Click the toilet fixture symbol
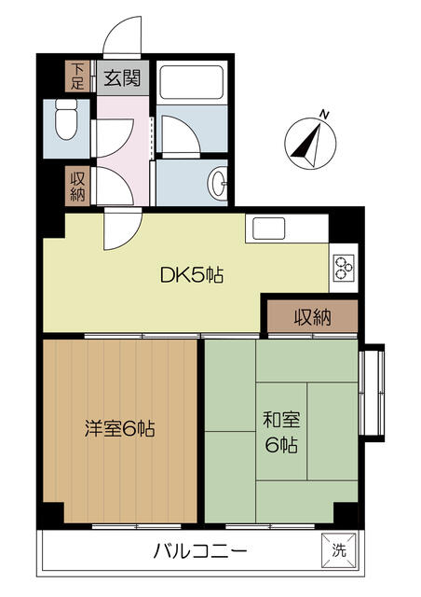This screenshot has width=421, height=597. [x=66, y=118]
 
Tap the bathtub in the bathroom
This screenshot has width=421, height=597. [x=191, y=83]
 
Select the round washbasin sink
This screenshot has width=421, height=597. [x=218, y=183]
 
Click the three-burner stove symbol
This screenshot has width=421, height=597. [x=344, y=268]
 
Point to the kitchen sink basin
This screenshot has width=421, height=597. [x=269, y=228]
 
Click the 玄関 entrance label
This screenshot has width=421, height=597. [x=122, y=77]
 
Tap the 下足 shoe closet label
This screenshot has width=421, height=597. [x=77, y=76]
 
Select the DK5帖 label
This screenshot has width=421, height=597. [x=192, y=275]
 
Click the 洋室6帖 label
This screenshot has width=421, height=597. [x=120, y=429]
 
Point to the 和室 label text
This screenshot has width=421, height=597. [x=282, y=420]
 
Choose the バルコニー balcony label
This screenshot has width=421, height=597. [x=200, y=550]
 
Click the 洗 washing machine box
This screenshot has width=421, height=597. [x=339, y=550]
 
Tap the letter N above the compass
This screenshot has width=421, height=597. [x=324, y=114]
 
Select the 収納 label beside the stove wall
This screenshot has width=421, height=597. [x=313, y=316]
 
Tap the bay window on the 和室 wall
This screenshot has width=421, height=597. [x=372, y=393]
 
